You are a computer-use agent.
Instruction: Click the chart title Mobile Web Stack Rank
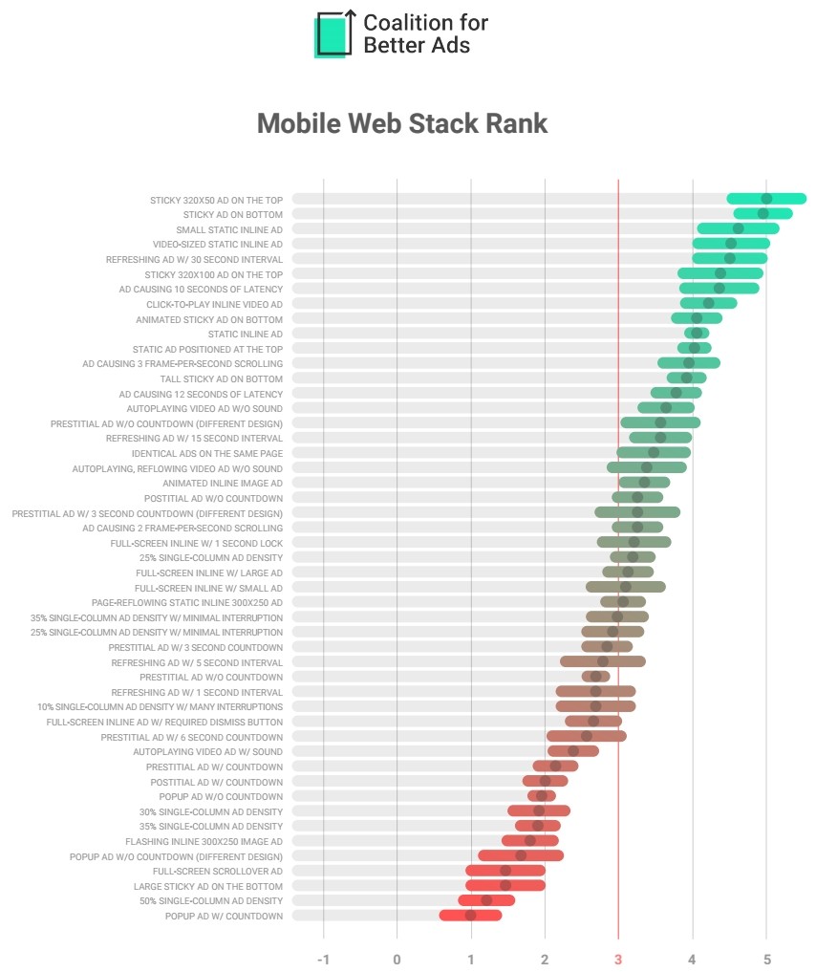[402, 123]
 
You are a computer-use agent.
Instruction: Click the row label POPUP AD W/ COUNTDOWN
[225, 916]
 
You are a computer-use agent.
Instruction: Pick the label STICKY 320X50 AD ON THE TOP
[217, 200]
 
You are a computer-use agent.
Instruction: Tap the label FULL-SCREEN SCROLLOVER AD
[218, 871]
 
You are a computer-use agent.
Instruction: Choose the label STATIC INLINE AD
[246, 334]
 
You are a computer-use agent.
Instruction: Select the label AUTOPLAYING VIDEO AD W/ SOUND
[207, 751]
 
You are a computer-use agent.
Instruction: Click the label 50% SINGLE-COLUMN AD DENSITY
[211, 900]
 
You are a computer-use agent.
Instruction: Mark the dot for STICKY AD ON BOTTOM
[762, 214]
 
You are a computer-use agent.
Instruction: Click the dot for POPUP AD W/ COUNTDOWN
[470, 916]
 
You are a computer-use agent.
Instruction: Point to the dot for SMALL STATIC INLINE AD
[738, 228]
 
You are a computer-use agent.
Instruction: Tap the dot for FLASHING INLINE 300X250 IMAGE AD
[530, 841]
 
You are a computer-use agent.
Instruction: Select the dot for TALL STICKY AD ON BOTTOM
[686, 378]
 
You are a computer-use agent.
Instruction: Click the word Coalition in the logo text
[413, 23]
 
